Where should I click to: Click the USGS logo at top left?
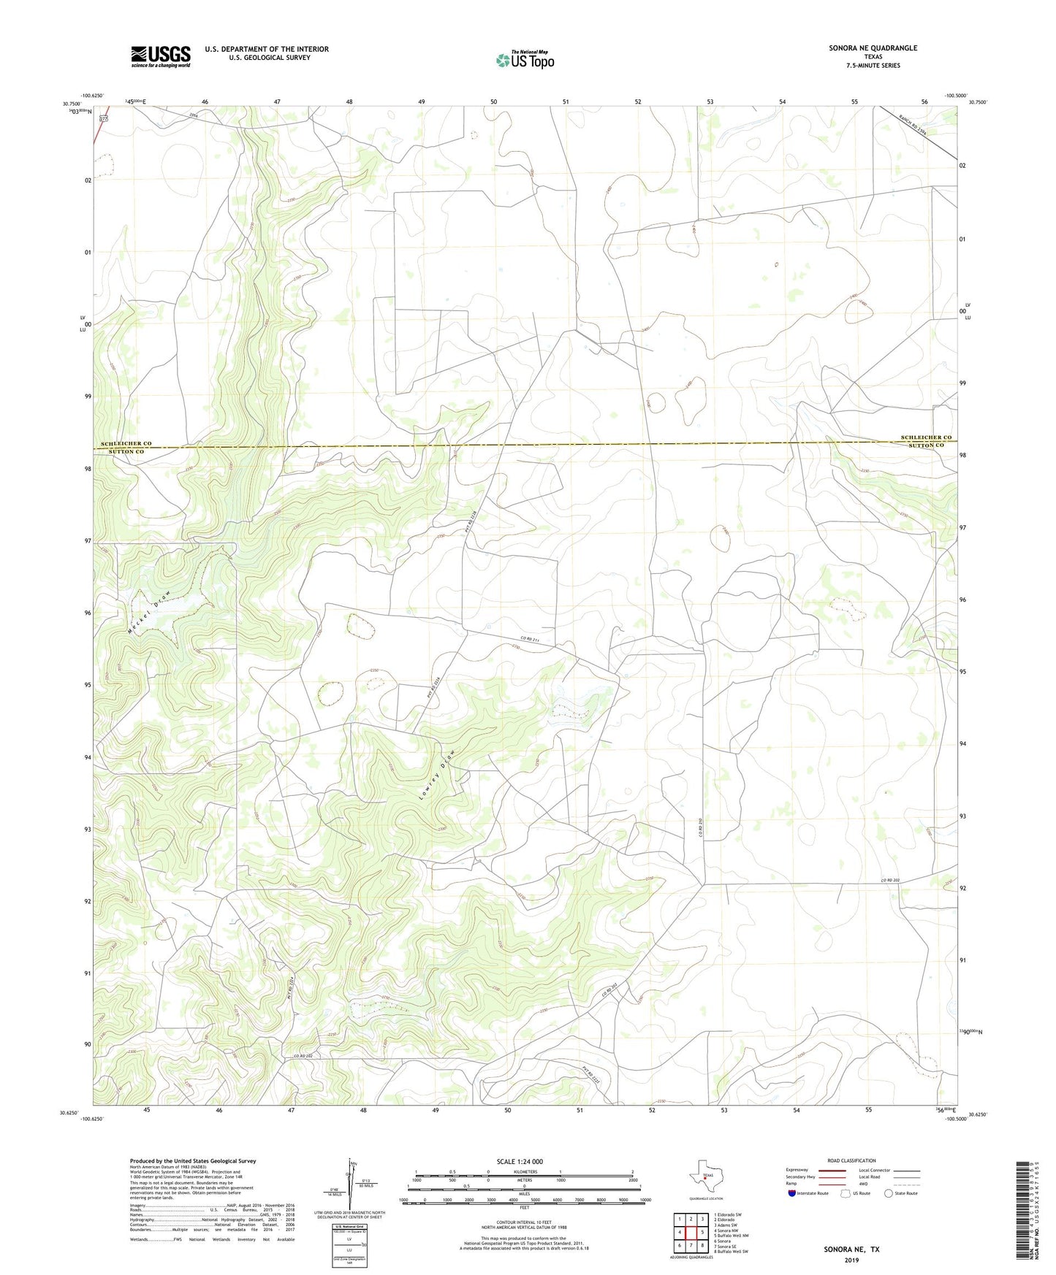click(x=161, y=56)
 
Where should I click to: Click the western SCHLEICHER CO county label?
click(x=126, y=443)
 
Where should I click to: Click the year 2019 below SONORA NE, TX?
click(x=851, y=1260)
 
